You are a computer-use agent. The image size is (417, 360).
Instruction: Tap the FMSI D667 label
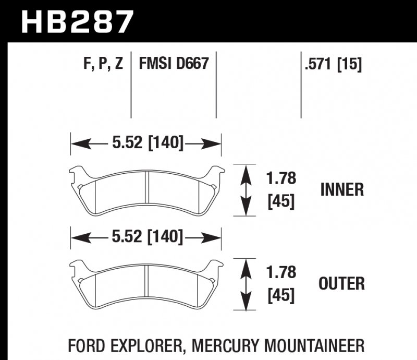pos(174,64)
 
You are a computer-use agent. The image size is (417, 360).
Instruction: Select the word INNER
pos(342,189)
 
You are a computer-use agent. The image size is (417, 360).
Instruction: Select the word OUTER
pos(341,284)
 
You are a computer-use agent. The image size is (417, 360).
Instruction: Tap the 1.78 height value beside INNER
pos(281,179)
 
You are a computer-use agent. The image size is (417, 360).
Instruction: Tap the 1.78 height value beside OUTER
pos(281,272)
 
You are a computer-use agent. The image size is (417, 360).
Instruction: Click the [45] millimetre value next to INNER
pos(281,201)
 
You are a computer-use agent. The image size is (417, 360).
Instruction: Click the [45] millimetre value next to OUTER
pos(281,295)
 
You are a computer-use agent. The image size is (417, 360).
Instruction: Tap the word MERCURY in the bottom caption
pos(225,345)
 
